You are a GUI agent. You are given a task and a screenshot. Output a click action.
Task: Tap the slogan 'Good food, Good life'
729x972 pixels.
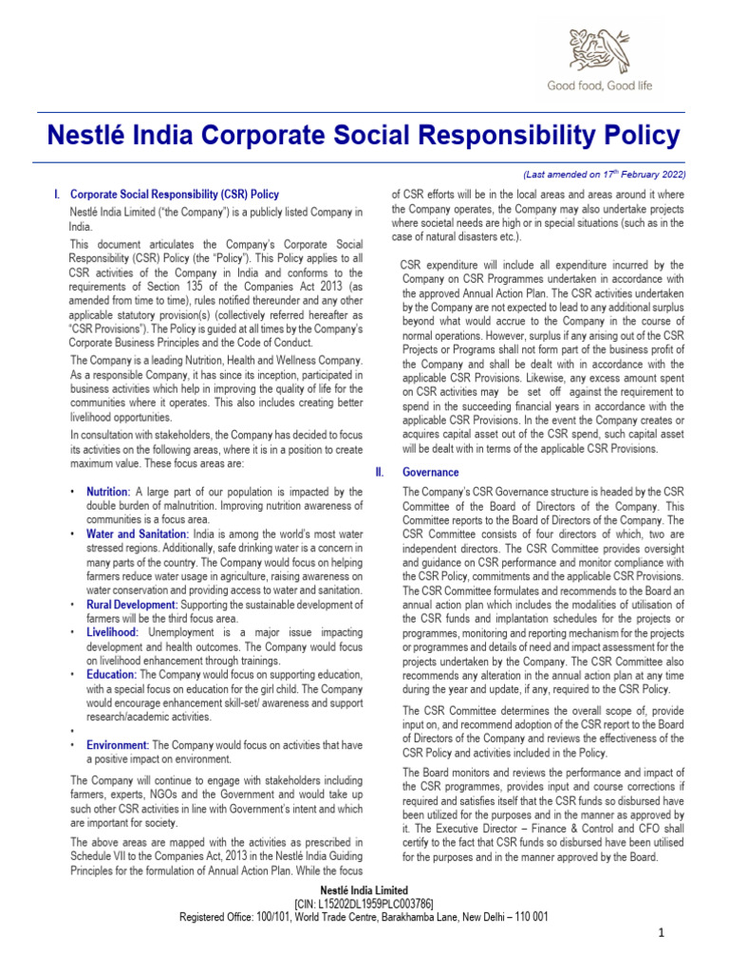[x=599, y=85]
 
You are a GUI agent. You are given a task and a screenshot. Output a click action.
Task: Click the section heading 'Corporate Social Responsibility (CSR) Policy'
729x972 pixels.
[x=175, y=194]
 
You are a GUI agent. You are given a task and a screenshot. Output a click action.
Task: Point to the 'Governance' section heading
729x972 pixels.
[x=430, y=472]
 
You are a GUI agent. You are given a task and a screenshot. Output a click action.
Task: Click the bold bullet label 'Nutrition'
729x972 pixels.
[x=107, y=492]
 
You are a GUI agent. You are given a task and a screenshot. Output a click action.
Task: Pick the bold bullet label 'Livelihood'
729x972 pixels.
[x=112, y=631]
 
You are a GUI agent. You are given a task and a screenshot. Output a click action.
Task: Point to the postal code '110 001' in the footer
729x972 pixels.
[x=530, y=918]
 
